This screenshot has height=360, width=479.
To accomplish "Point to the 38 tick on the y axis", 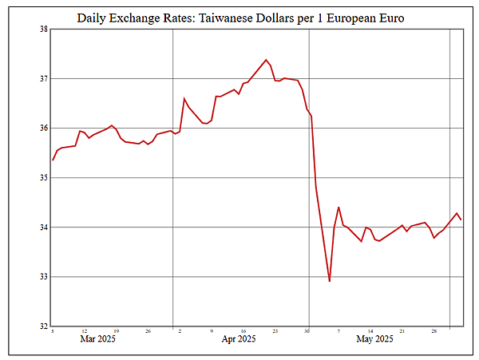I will click(x=43, y=30).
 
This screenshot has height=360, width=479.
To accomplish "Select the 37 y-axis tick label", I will click(x=43, y=79).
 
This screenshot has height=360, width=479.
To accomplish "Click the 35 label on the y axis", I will click(x=43, y=178).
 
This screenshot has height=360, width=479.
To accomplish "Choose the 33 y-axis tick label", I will click(x=43, y=277).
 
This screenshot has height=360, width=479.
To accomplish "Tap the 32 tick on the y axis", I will click(x=43, y=326).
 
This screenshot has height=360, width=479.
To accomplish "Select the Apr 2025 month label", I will click(x=238, y=340).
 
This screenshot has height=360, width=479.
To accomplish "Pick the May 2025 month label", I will click(x=374, y=340).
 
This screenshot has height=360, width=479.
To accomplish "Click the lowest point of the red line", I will click(x=330, y=281).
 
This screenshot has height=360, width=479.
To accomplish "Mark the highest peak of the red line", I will click(x=266, y=60).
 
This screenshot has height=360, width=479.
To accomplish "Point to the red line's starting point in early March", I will click(x=53, y=160).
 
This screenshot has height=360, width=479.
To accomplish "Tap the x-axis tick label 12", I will click(x=84, y=330).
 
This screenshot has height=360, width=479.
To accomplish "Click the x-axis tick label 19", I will click(x=116, y=330).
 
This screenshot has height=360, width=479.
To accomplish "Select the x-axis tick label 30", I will click(x=307, y=330).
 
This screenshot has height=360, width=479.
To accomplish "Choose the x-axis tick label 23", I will click(x=275, y=330).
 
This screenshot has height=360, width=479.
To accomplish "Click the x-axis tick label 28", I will click(x=433, y=330).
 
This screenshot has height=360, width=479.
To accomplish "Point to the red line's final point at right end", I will click(x=461, y=220).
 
